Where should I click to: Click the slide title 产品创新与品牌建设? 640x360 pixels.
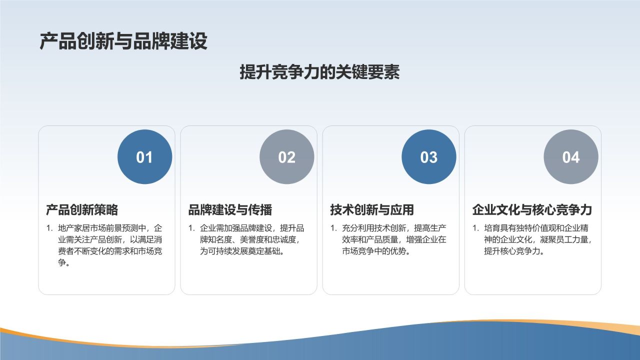click(123, 41)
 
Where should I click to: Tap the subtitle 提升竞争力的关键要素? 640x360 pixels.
click(319, 71)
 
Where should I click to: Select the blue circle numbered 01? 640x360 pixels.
click(145, 157)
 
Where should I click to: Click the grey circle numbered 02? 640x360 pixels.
click(287, 157)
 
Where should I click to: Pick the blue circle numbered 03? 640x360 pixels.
click(429, 157)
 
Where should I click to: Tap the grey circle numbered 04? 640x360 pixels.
click(571, 157)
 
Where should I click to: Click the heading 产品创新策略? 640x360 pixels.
click(82, 209)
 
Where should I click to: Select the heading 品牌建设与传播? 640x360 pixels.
click(230, 209)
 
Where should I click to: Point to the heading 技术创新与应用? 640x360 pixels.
click(372, 209)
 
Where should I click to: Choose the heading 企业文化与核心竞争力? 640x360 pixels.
click(532, 209)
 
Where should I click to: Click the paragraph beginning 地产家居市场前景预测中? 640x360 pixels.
click(110, 245)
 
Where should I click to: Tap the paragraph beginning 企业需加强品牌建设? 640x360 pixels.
click(252, 239)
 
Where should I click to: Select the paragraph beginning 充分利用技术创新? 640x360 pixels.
click(394, 239)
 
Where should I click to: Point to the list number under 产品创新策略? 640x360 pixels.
click(49, 228)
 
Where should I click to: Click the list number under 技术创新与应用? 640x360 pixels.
click(333, 228)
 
